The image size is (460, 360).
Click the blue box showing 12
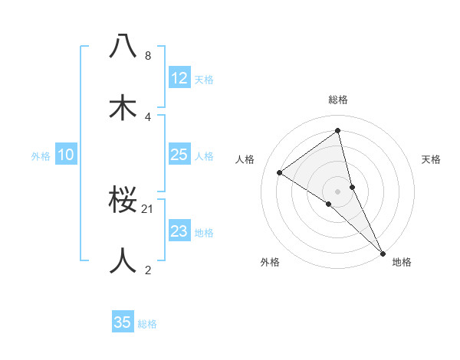click(179, 78)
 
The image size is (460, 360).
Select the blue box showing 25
click(179, 155)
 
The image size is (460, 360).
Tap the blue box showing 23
click(179, 231)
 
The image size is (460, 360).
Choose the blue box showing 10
click(66, 155)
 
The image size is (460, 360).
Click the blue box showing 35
click(123, 322)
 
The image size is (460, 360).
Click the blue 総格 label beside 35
click(147, 324)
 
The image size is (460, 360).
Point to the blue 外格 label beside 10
click(41, 156)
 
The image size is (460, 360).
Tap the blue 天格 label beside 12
click(204, 80)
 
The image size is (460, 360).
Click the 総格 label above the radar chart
click(337, 100)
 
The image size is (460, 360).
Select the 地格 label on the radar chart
click(402, 263)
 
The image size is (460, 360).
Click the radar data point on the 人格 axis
click(280, 172)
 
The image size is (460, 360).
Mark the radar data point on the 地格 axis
click(383, 252)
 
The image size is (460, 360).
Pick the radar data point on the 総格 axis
click(337, 131)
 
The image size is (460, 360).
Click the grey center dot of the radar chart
click(337, 191)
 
